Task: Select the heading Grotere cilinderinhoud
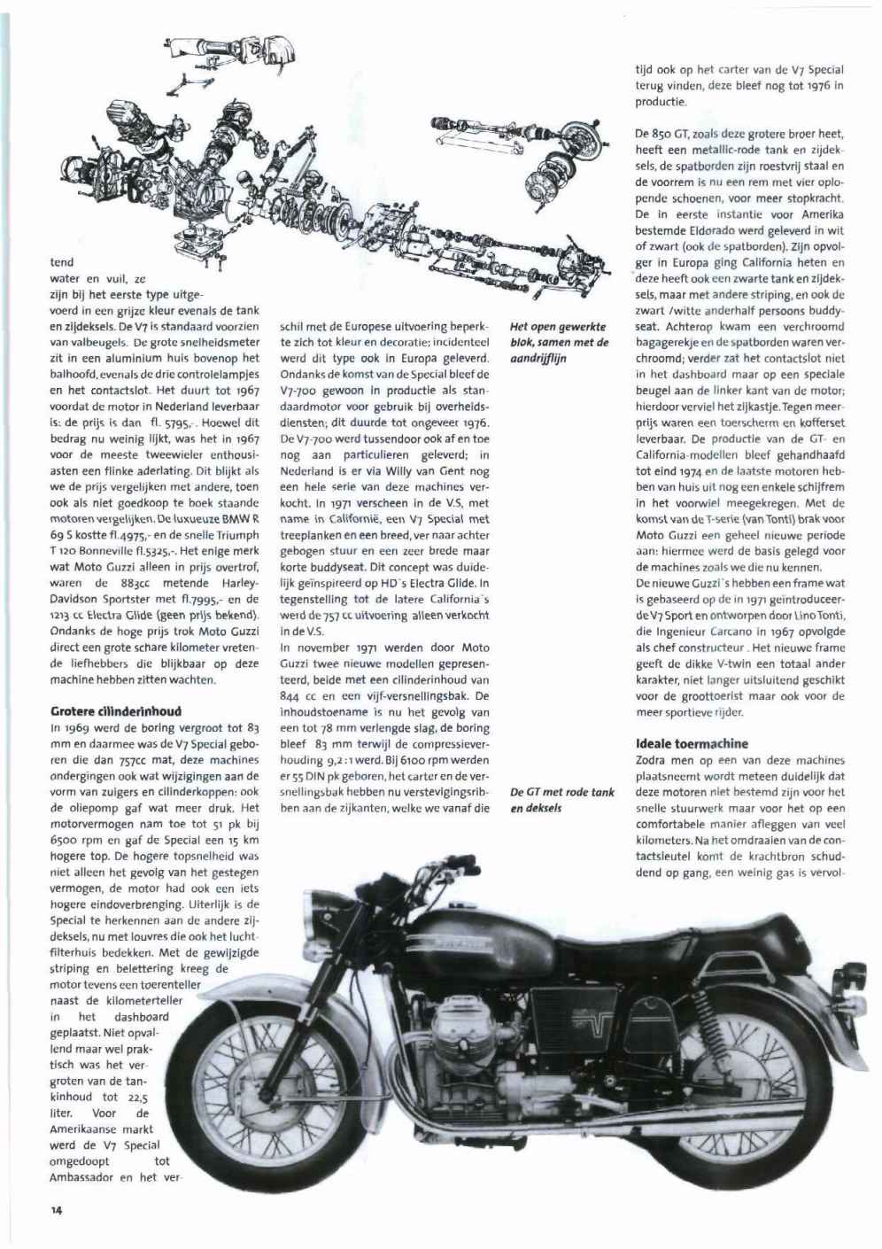pyautogui.click(x=115, y=710)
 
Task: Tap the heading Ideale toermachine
pyautogui.click(x=692, y=743)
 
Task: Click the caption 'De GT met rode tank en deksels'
pyautogui.click(x=562, y=800)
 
